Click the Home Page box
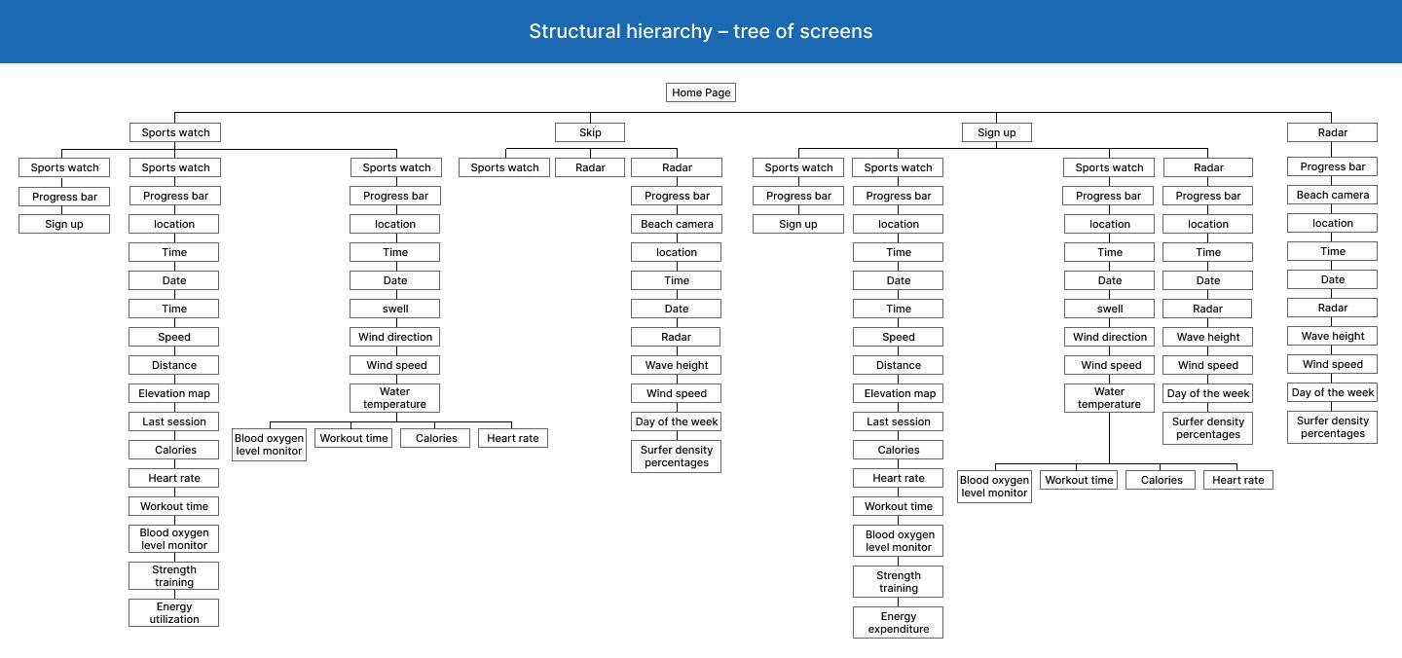tap(700, 92)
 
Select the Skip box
tap(590, 132)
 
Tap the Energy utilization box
tap(174, 613)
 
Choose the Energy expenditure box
tap(898, 622)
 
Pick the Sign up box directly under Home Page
tap(996, 132)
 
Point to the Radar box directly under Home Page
tap(1333, 132)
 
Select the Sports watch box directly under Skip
tap(504, 167)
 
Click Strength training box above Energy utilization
tap(174, 575)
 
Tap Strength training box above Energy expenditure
tap(898, 582)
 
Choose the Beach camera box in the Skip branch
tap(677, 224)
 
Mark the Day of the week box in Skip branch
tap(677, 421)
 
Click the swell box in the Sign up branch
tap(1110, 309)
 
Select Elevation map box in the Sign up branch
tap(898, 393)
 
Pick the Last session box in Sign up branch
tap(898, 421)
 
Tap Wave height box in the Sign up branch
tap(1208, 337)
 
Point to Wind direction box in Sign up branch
tap(1110, 337)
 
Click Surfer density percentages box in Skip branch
tap(677, 457)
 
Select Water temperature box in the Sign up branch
tap(1110, 398)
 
